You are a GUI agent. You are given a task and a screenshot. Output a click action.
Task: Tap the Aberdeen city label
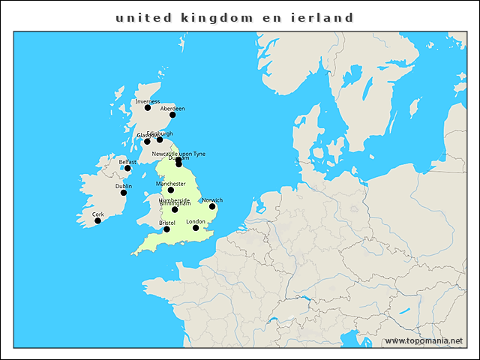click(172, 109)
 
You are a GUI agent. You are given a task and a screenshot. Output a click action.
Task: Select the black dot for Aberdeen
click(172, 115)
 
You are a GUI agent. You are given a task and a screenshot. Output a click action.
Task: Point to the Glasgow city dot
click(147, 141)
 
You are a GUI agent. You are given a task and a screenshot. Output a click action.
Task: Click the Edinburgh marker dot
click(160, 139)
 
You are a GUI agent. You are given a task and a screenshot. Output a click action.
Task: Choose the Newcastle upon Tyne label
click(178, 154)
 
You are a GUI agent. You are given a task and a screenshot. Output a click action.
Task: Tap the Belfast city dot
click(127, 168)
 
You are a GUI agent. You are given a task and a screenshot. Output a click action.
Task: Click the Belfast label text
click(127, 161)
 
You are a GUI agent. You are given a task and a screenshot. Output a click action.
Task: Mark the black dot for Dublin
click(124, 193)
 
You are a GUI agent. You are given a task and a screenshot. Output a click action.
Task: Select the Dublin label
click(124, 186)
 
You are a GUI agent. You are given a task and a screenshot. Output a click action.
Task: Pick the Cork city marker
click(97, 220)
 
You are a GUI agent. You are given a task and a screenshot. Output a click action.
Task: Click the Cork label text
click(97, 214)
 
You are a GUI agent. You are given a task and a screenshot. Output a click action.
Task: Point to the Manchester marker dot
click(171, 190)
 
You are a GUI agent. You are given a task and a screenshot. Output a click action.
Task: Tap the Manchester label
click(171, 183)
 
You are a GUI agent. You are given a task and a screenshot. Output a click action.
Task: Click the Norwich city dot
click(212, 206)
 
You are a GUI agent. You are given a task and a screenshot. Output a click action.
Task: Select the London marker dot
click(196, 228)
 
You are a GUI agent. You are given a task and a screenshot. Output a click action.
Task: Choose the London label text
click(196, 221)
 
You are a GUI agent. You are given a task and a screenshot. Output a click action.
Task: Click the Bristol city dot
click(167, 229)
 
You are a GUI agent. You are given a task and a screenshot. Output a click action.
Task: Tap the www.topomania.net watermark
click(424, 340)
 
